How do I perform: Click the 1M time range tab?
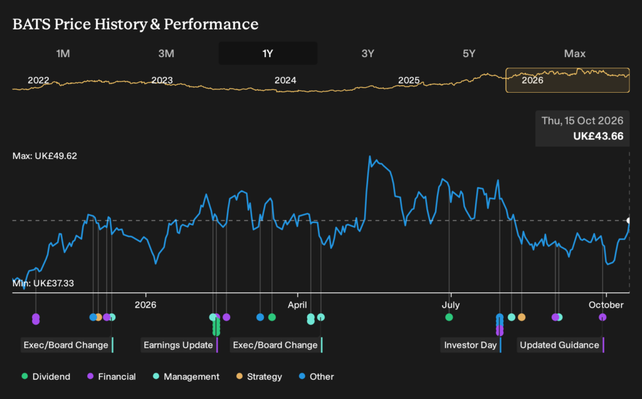click(63, 54)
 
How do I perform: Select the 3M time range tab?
click(166, 54)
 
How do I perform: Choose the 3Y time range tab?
click(367, 54)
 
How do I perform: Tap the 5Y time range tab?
click(469, 54)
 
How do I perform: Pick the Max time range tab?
click(574, 54)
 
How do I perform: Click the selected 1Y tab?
click(268, 54)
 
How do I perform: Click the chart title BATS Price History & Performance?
click(135, 24)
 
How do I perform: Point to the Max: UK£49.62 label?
click(45, 156)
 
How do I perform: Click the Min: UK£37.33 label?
click(43, 283)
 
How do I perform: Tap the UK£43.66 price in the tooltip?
click(598, 137)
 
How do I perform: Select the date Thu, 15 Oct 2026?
click(582, 121)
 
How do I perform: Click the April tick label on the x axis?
click(297, 305)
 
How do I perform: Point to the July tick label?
click(450, 305)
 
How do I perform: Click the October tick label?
click(606, 305)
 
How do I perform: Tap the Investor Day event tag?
click(471, 345)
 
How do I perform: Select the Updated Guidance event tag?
click(560, 345)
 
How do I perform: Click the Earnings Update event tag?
click(179, 345)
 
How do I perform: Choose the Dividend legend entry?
click(46, 376)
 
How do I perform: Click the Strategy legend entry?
click(259, 376)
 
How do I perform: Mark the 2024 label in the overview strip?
click(285, 80)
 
